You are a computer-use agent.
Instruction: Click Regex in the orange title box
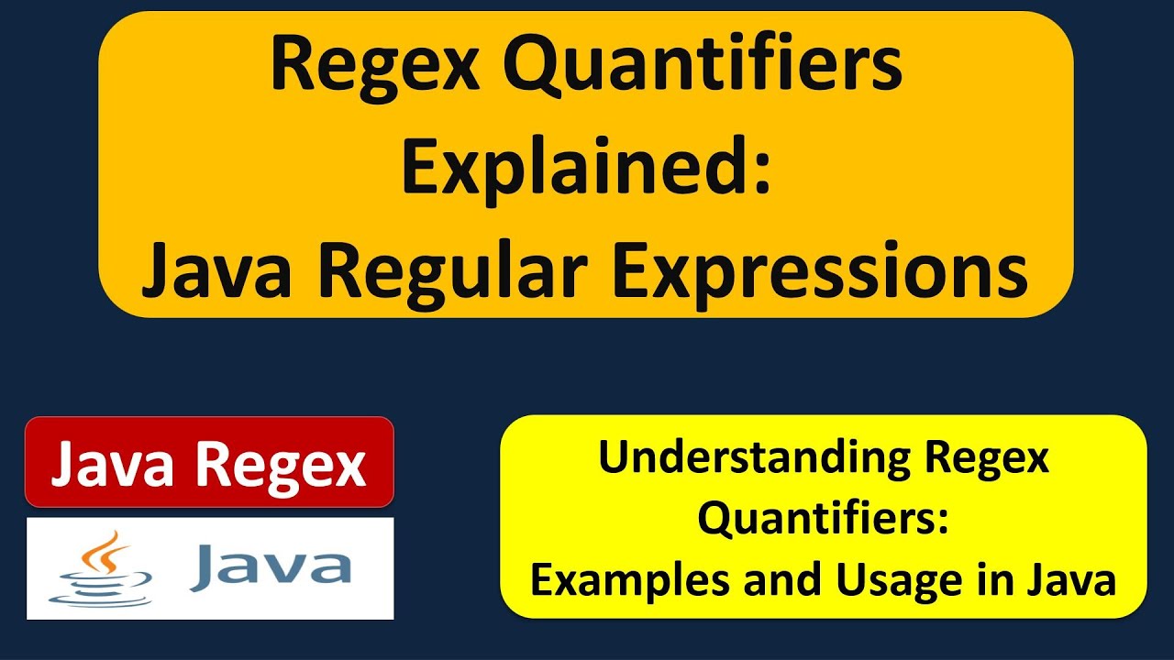[376, 69]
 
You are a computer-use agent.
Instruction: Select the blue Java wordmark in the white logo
[270, 566]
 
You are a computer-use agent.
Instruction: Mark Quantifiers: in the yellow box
[822, 519]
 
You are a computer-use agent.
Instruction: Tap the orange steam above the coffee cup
[111, 547]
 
